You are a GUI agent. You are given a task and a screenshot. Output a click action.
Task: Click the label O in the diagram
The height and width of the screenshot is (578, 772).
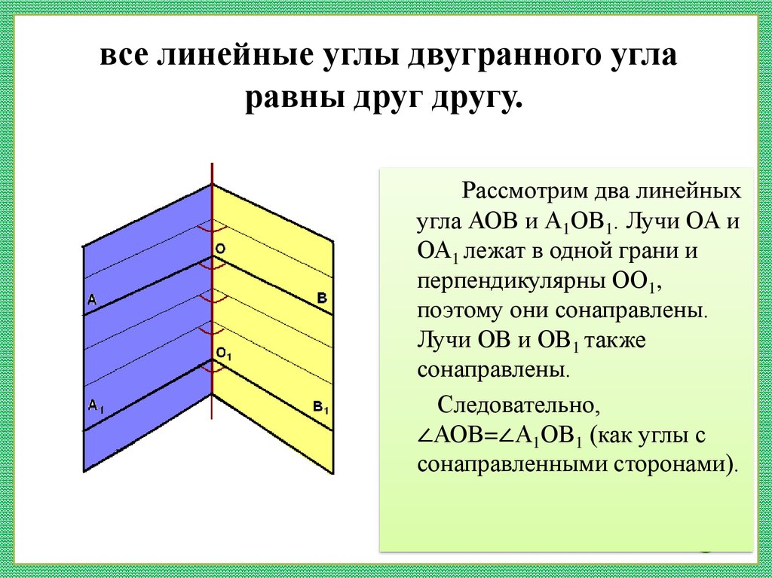pyautogui.click(x=220, y=247)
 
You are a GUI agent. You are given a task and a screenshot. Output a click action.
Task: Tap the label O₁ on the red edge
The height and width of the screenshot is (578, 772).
pyautogui.click(x=224, y=353)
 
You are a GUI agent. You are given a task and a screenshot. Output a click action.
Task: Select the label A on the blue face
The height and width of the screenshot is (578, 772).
pyautogui.click(x=92, y=300)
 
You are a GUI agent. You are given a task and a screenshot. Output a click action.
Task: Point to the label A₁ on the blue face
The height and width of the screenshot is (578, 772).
pyautogui.click(x=96, y=405)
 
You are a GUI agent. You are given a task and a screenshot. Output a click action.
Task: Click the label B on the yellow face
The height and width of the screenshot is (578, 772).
pyautogui.click(x=321, y=298)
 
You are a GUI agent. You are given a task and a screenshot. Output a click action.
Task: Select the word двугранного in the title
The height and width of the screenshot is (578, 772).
pyautogui.click(x=479, y=58)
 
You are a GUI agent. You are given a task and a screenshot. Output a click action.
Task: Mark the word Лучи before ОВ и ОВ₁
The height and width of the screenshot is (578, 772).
pyautogui.click(x=444, y=340)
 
